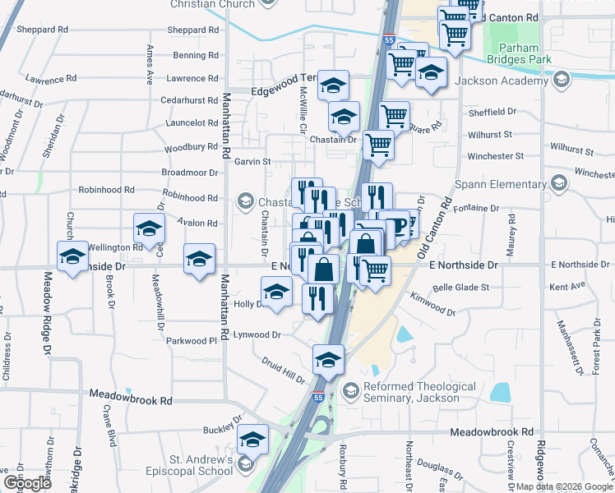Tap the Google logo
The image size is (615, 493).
click(x=27, y=482)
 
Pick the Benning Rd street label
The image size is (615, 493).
click(x=196, y=56)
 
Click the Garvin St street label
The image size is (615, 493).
click(x=253, y=162)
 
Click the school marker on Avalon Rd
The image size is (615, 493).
click(x=149, y=228)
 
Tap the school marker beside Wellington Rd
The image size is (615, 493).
click(x=72, y=256)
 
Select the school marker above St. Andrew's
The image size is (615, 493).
click(x=253, y=440)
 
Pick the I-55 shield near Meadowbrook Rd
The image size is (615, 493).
click(x=317, y=398)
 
